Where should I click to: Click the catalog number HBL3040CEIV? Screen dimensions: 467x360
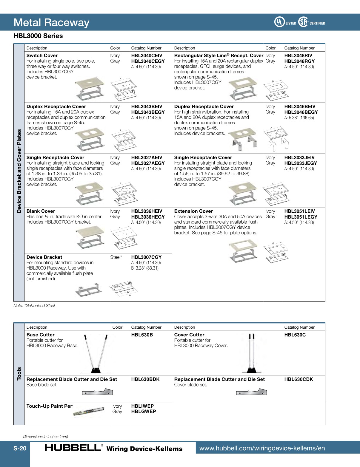[147, 55]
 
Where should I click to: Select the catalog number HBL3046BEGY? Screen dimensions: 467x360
[301, 112]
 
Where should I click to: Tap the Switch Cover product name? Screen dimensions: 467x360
[42, 55]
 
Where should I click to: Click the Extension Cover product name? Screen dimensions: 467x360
[193, 211]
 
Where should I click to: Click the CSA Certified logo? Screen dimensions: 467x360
[312, 22]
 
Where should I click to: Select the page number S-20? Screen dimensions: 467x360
[20, 448]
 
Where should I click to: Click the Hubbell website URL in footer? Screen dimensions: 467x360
[262, 448]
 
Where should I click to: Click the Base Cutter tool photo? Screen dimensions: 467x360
[96, 354]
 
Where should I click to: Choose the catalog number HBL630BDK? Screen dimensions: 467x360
[145, 379]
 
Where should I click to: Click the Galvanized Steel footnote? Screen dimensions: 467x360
[35, 306]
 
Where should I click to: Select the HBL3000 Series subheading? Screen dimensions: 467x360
[38, 36]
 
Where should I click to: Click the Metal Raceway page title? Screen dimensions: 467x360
[51, 23]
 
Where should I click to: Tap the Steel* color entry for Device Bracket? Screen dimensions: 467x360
[116, 257]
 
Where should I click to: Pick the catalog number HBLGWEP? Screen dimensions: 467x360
[144, 412]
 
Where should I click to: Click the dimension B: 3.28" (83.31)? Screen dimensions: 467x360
[145, 268]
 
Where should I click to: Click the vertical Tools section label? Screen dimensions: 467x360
[19, 373]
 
